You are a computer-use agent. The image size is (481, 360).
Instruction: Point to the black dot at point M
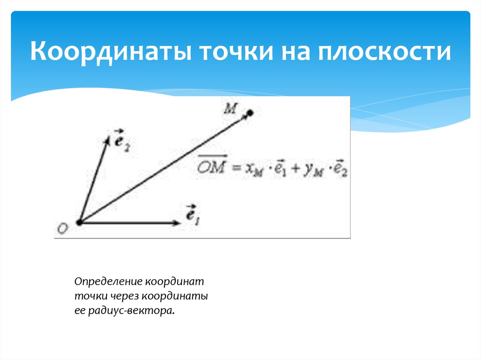(x=250, y=113)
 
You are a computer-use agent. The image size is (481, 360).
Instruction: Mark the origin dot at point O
(x=79, y=222)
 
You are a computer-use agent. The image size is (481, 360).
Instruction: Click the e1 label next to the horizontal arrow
(x=193, y=216)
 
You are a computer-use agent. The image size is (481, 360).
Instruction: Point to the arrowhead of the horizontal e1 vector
(x=178, y=223)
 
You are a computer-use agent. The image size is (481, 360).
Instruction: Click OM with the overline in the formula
(x=212, y=168)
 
